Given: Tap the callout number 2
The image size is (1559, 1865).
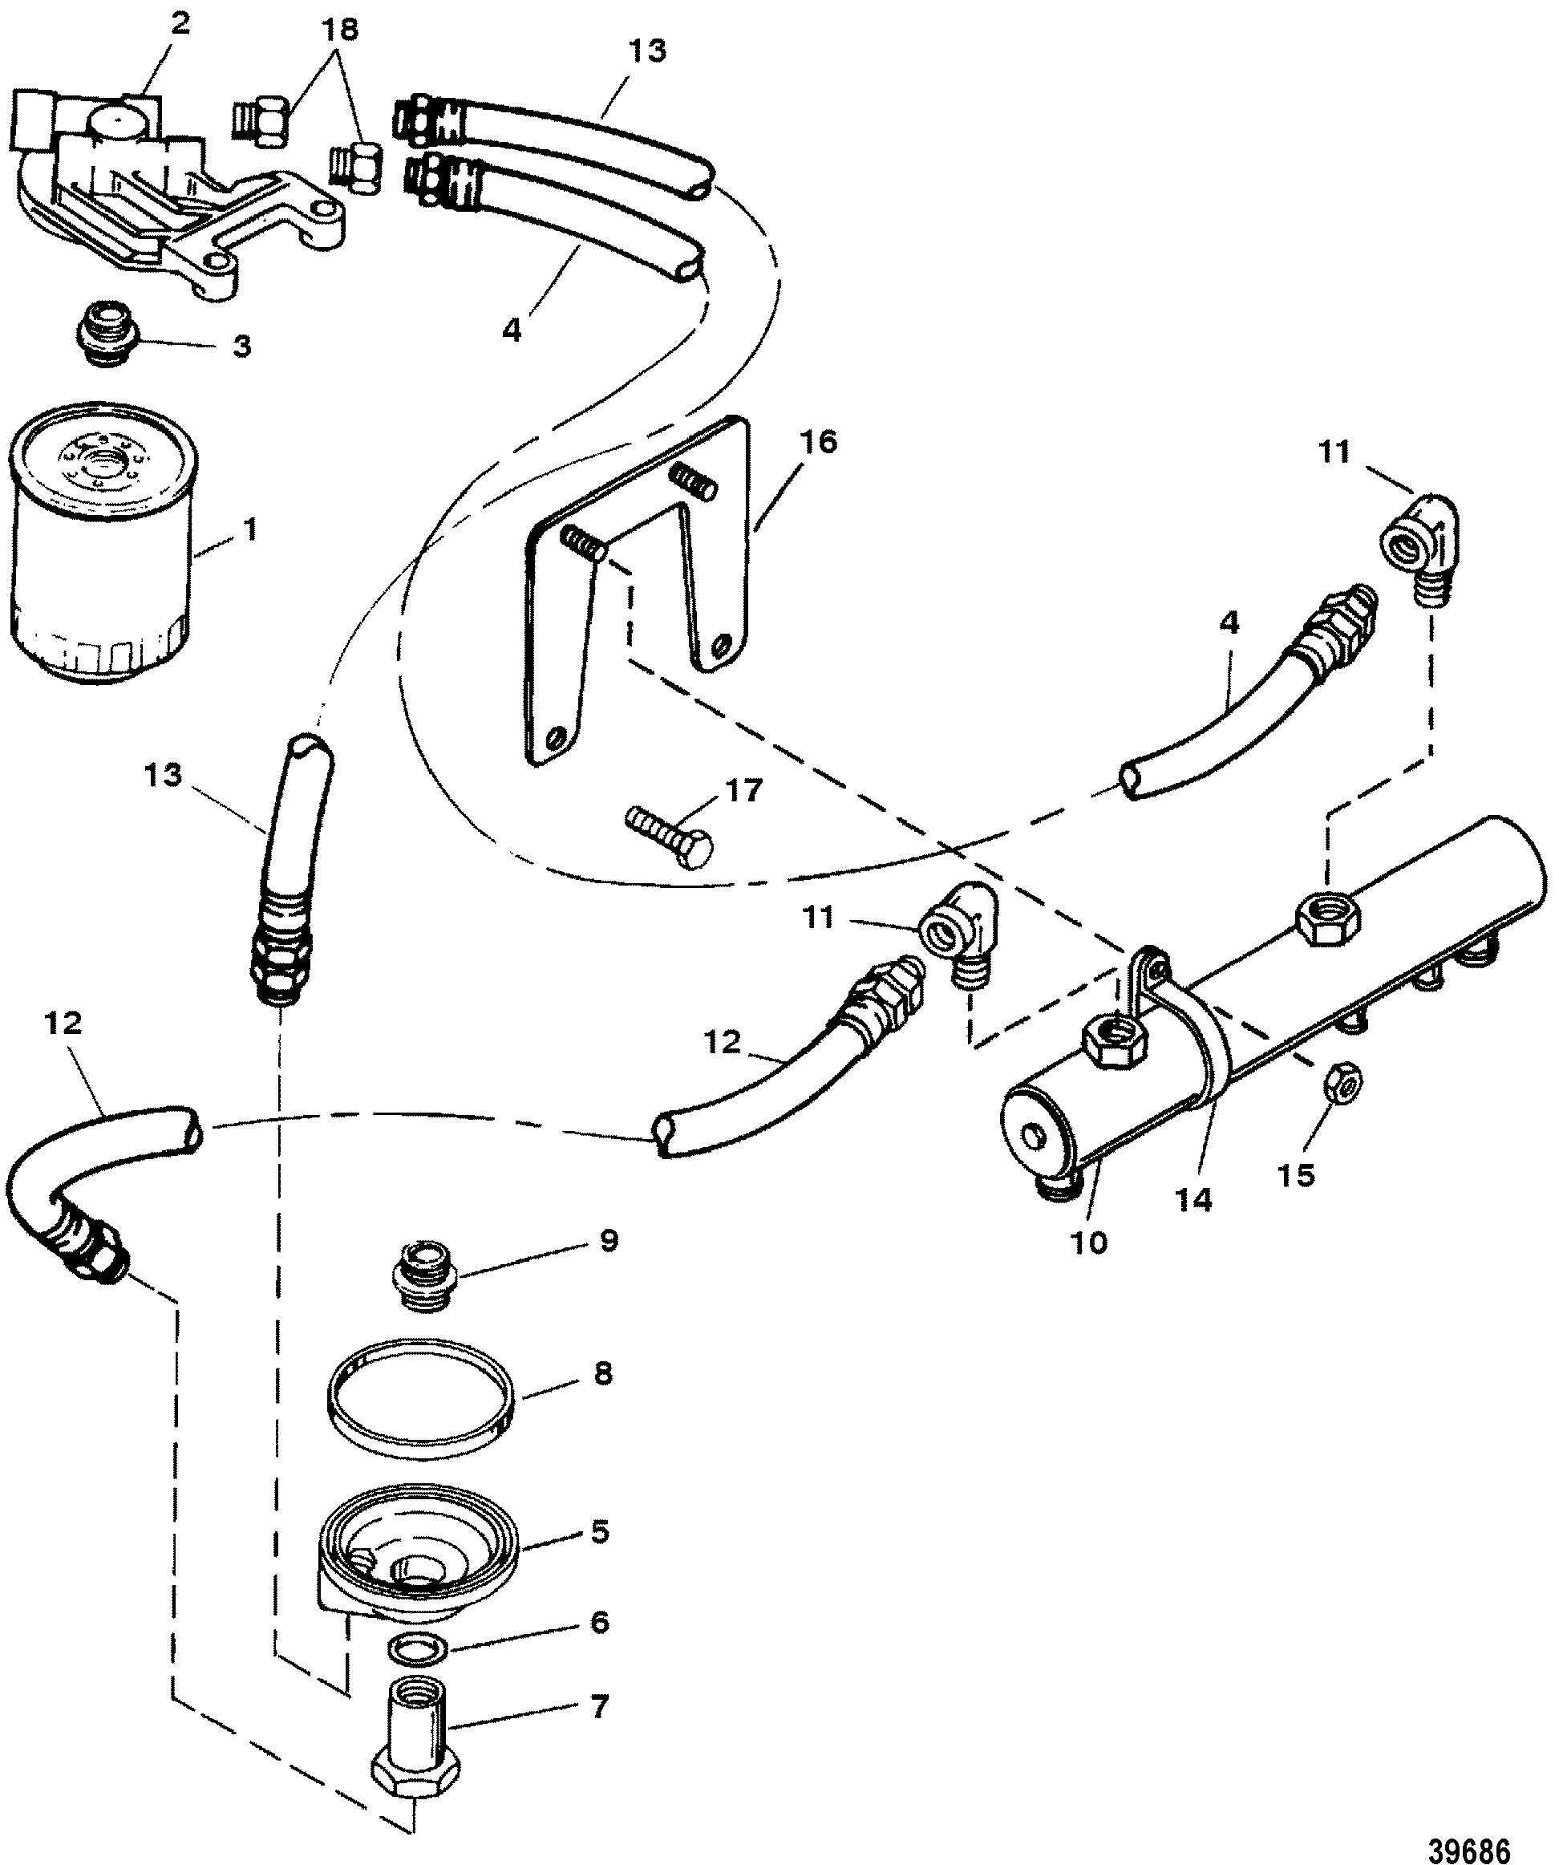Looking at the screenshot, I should coord(180,24).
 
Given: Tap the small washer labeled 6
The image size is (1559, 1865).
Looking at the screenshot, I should coord(407,1649).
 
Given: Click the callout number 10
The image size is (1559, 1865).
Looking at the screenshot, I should coord(1089,1243).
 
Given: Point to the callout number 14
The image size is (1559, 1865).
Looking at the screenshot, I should coord(1193,1199).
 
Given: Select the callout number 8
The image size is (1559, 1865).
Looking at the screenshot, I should coord(603,1374).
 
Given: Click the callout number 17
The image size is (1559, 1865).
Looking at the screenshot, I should coord(744,790).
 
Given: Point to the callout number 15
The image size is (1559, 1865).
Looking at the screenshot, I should coord(1295,1175).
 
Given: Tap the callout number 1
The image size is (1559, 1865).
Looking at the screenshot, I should coord(249,530).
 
